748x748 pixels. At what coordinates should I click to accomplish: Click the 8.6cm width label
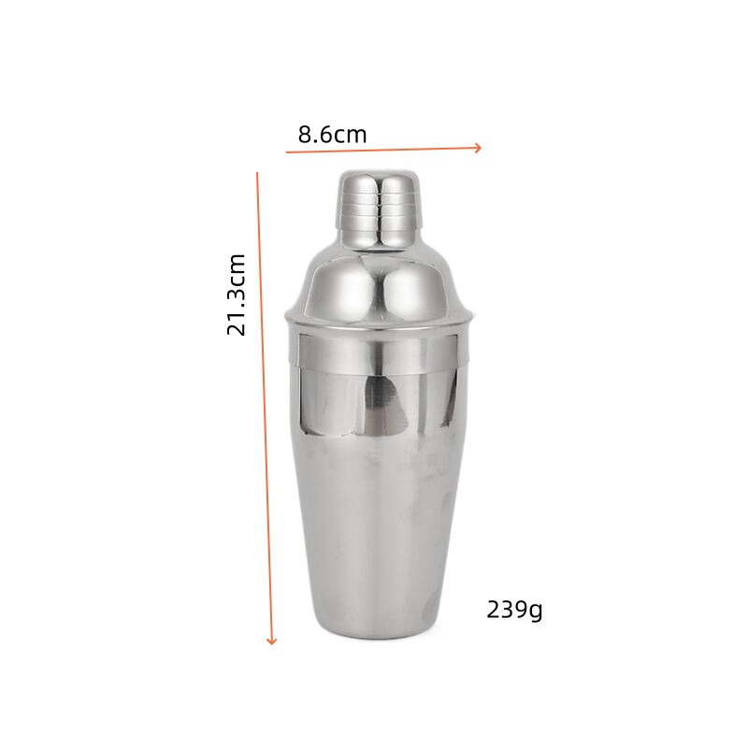pos(332,135)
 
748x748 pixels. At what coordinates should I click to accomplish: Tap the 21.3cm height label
pos(237,295)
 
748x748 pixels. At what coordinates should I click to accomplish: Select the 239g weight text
pos(514,611)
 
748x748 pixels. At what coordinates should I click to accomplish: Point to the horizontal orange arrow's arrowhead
pos(478,147)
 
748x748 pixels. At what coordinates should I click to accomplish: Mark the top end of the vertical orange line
pos(257,172)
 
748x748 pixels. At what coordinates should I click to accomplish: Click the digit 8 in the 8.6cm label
pos(305,135)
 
